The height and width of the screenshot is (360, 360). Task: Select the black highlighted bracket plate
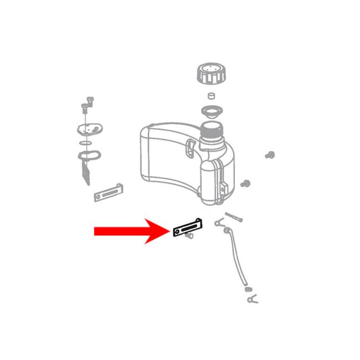coord(189,228)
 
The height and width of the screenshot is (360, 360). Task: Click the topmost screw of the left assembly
coord(90,101)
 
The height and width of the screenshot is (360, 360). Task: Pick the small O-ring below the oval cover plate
coord(85,145)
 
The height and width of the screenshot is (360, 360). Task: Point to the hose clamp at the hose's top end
coord(218,222)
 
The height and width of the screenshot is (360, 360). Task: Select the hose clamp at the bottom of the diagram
coord(252,300)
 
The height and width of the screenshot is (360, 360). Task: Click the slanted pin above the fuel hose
coord(233,217)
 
